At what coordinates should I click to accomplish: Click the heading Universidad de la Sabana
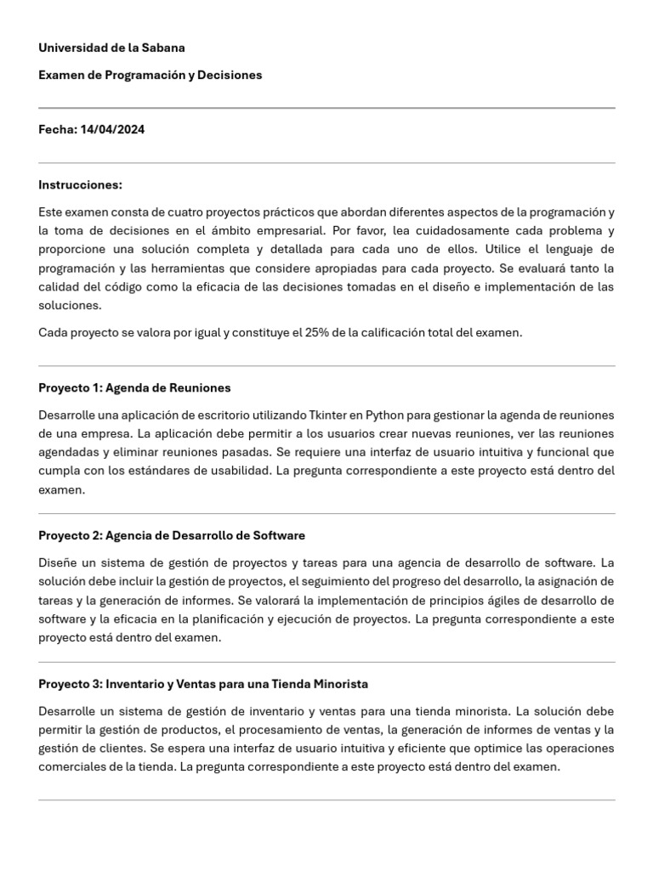tap(111, 48)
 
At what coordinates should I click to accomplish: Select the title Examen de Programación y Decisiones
tap(150, 75)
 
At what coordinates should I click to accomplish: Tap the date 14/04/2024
tap(112, 130)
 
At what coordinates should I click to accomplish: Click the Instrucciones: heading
tap(80, 185)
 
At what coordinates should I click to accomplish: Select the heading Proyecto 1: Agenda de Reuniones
tap(134, 387)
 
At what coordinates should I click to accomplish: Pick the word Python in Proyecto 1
tap(385, 415)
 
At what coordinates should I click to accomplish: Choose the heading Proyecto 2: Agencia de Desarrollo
tap(172, 535)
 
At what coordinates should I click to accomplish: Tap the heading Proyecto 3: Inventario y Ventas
tap(203, 684)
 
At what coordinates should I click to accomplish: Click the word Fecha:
tap(57, 130)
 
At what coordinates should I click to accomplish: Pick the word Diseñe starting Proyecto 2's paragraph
tap(59, 562)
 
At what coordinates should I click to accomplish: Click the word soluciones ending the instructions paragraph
tap(70, 305)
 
